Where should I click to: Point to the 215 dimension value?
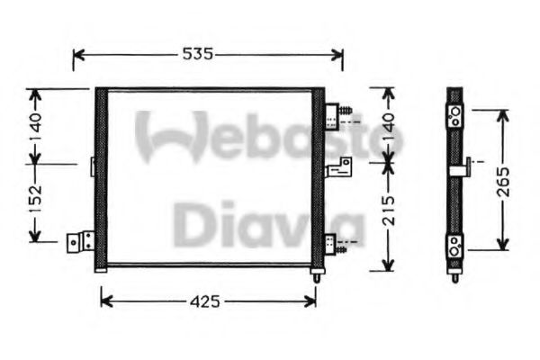click(388, 213)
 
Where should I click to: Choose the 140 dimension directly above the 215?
click(388, 125)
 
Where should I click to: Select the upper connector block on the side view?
click(456, 113)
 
